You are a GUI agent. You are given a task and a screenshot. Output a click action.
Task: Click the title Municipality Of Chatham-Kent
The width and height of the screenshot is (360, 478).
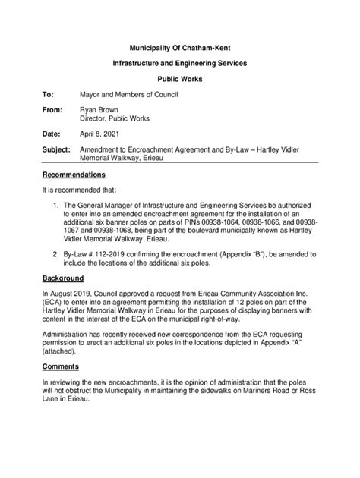point(180,47)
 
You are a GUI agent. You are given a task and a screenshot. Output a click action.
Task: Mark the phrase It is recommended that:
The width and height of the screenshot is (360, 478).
point(80,190)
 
